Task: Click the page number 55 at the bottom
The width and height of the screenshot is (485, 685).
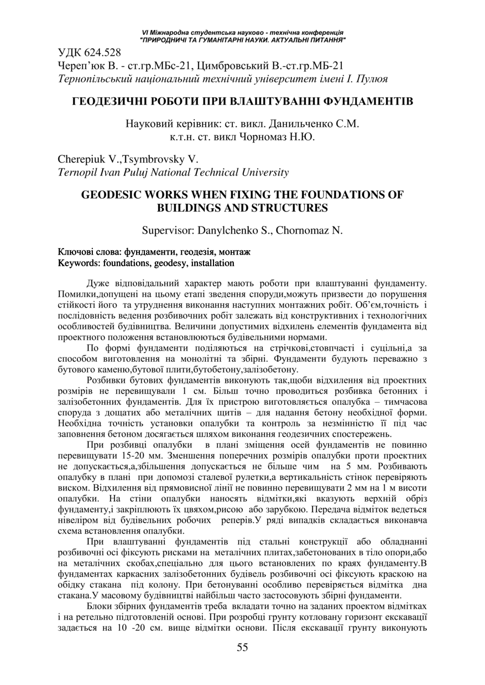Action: pos(242,647)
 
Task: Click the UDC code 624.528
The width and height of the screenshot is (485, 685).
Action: pos(103,54)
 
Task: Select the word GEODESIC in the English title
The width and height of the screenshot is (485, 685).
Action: pos(114,194)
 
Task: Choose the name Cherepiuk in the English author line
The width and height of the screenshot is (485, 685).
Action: pos(80,159)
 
